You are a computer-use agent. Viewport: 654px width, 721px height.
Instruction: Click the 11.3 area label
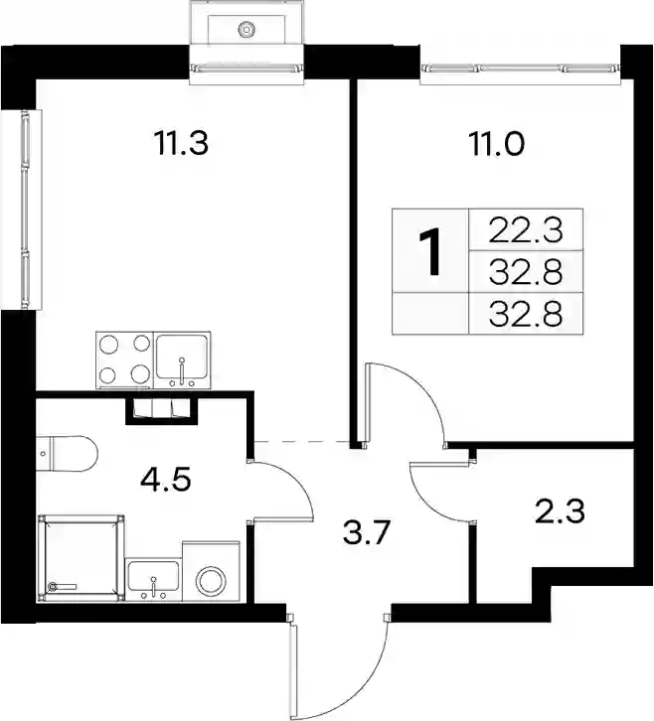click(182, 143)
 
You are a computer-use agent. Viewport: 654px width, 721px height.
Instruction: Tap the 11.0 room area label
click(496, 143)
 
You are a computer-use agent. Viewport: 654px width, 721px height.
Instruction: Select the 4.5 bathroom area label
click(166, 480)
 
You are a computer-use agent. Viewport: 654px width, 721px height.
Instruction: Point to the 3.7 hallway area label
click(367, 533)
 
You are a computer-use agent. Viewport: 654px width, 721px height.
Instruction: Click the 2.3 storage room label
click(561, 510)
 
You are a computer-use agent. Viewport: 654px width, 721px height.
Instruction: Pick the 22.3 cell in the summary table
click(526, 230)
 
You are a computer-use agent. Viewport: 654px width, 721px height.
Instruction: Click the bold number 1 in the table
click(430, 252)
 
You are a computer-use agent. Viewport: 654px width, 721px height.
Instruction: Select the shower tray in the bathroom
click(82, 558)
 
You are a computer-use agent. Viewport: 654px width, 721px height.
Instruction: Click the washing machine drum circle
click(212, 581)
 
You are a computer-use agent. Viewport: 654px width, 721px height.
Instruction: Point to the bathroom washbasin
click(153, 578)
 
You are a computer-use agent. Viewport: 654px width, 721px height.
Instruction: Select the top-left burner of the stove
click(109, 345)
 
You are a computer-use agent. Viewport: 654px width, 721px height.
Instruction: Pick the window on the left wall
click(25, 210)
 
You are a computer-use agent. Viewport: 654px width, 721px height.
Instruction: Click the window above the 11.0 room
click(520, 69)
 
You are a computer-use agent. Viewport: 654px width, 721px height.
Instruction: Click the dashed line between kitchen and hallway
click(301, 441)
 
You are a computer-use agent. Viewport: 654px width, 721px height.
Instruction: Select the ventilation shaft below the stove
click(161, 410)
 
